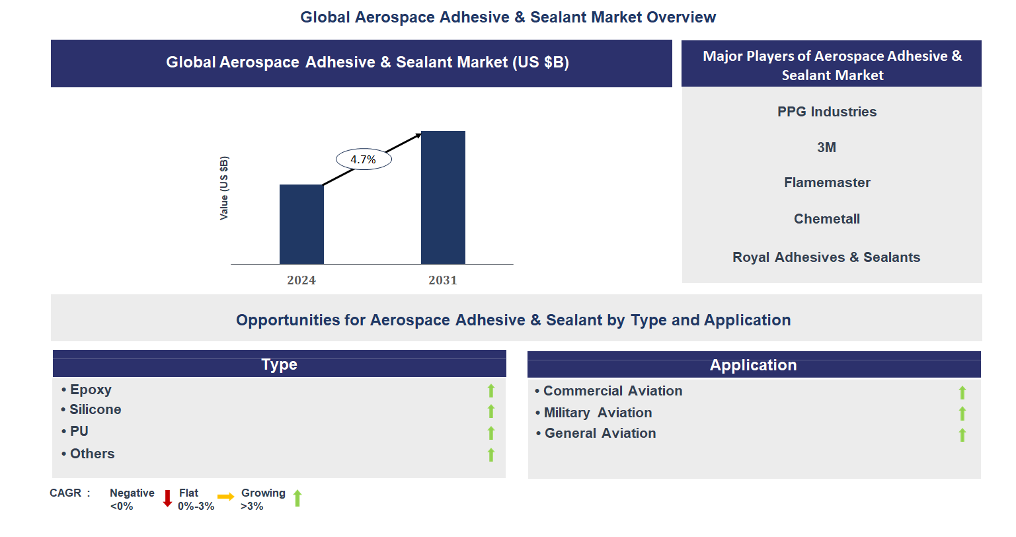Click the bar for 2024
[x=301, y=224]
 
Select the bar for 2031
[x=443, y=198]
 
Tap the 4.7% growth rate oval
[x=364, y=159]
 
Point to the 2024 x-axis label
[x=301, y=280]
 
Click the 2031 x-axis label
[x=443, y=280]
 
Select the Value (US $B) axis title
[x=224, y=188]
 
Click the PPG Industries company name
[x=827, y=112]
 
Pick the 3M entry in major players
[x=827, y=147]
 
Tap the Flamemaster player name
[x=827, y=183]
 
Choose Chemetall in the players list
[x=827, y=219]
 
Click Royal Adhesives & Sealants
[x=826, y=257]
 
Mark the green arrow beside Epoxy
[x=491, y=391]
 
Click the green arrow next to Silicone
[x=491, y=411]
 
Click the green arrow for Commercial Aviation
[x=962, y=393]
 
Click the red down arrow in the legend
[x=168, y=499]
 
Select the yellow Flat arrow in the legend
[x=226, y=497]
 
